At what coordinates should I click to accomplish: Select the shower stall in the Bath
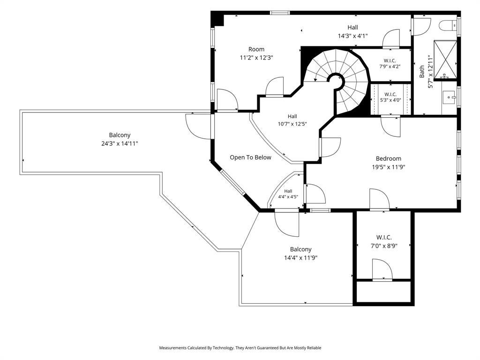(x=445, y=60)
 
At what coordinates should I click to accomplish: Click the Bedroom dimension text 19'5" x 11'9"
(x=389, y=167)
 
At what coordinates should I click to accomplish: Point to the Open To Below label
(x=250, y=157)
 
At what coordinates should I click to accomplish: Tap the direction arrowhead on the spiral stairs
(x=315, y=80)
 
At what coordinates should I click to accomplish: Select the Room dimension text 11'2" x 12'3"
(x=256, y=57)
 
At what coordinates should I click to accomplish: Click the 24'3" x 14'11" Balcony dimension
(x=120, y=143)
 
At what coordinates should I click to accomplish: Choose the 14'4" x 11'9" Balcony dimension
(x=300, y=258)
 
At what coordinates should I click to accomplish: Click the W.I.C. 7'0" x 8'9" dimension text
(x=384, y=246)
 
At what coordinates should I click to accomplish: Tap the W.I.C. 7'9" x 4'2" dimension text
(x=390, y=66)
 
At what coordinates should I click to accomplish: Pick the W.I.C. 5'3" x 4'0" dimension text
(x=390, y=100)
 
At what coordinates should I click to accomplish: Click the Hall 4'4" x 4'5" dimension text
(x=288, y=197)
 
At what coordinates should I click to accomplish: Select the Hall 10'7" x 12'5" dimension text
(x=292, y=124)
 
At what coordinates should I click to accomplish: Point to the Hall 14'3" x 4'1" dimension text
(x=352, y=36)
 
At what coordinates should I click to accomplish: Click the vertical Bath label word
(x=422, y=71)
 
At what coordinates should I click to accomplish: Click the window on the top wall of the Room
(x=280, y=13)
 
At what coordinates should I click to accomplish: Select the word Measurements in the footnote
(x=172, y=348)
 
